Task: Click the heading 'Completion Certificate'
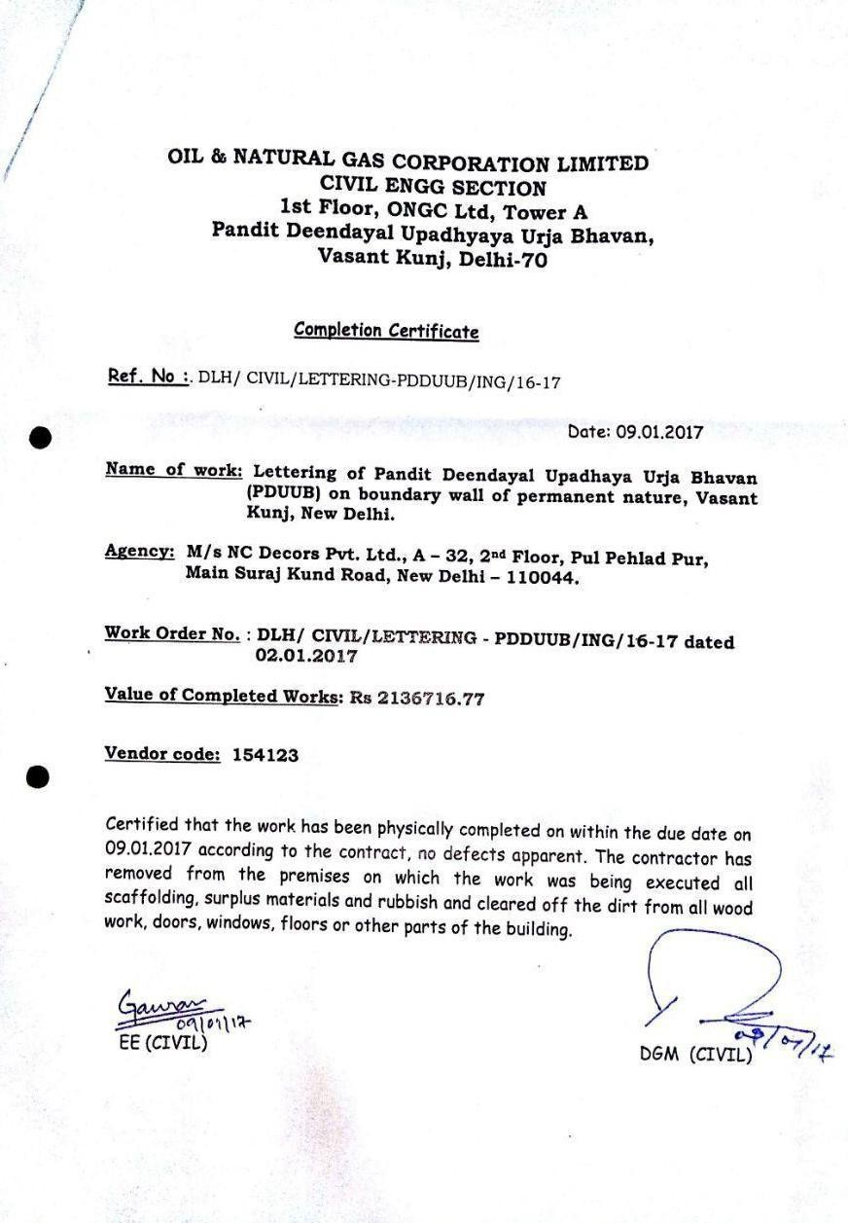[386, 331]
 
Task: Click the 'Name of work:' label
[174, 470]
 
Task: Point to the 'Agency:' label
[139, 552]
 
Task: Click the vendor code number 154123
[265, 754]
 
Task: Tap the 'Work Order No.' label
[172, 634]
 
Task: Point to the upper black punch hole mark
[40, 438]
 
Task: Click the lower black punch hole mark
[37, 776]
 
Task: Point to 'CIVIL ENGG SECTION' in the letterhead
[433, 187]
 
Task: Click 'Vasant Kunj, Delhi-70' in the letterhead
[433, 259]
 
